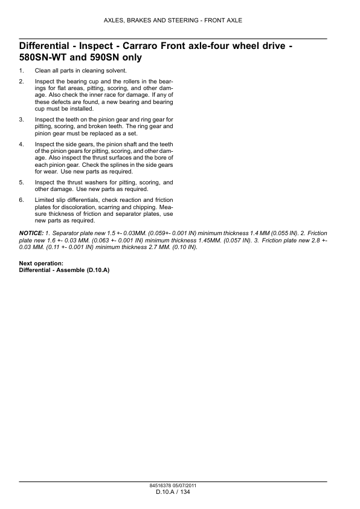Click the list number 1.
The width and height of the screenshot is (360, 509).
pos(22,71)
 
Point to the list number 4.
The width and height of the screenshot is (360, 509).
pos(22,144)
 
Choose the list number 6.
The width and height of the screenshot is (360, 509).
pos(22,199)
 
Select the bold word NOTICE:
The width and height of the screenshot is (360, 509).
pos(31,233)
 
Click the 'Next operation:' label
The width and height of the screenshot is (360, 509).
pos(41,263)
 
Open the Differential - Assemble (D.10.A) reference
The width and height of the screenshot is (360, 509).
pos(65,270)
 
